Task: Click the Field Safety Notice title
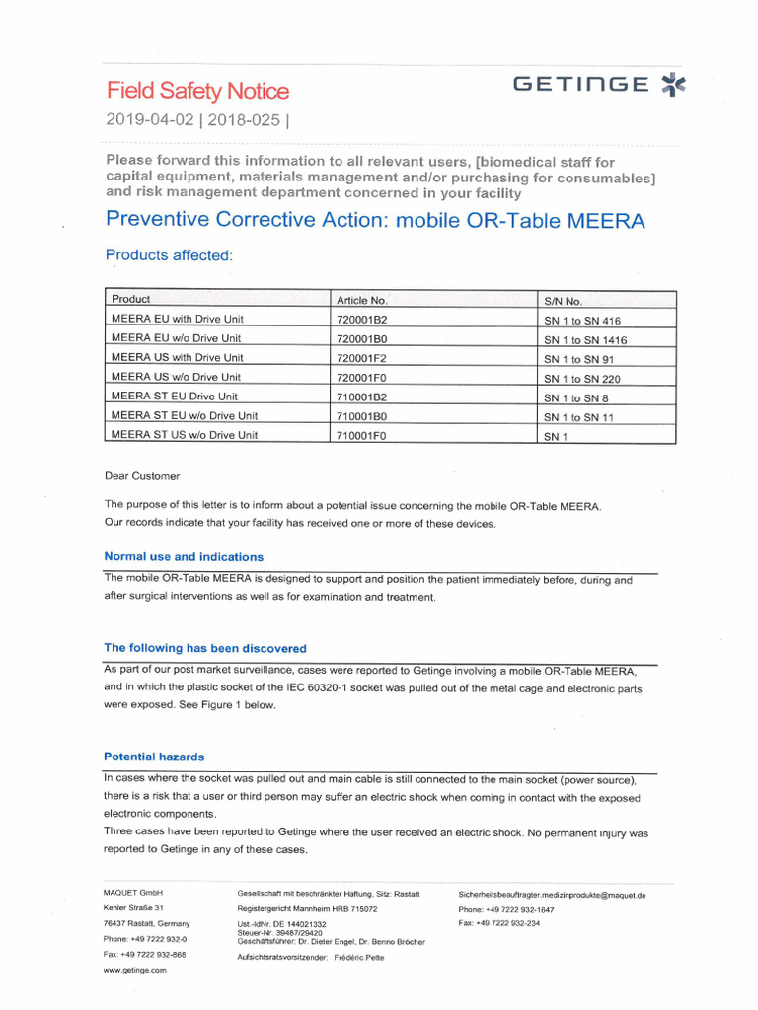(x=197, y=92)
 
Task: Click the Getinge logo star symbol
(x=672, y=85)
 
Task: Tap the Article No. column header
(x=361, y=300)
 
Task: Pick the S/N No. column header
(x=564, y=301)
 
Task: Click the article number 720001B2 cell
(x=361, y=320)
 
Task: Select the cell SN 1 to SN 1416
(x=585, y=340)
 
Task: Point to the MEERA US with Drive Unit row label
(x=177, y=358)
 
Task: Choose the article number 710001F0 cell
(x=361, y=435)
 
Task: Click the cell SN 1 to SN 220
(x=582, y=379)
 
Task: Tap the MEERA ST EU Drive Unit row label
(x=175, y=397)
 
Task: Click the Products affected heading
(x=169, y=255)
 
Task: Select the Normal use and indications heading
(x=184, y=557)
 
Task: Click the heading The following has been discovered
(x=205, y=648)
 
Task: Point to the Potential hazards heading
(x=154, y=757)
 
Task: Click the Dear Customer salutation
(x=142, y=476)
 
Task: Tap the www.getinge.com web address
(x=135, y=970)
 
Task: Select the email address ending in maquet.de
(x=552, y=895)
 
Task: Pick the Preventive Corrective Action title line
(x=375, y=220)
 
